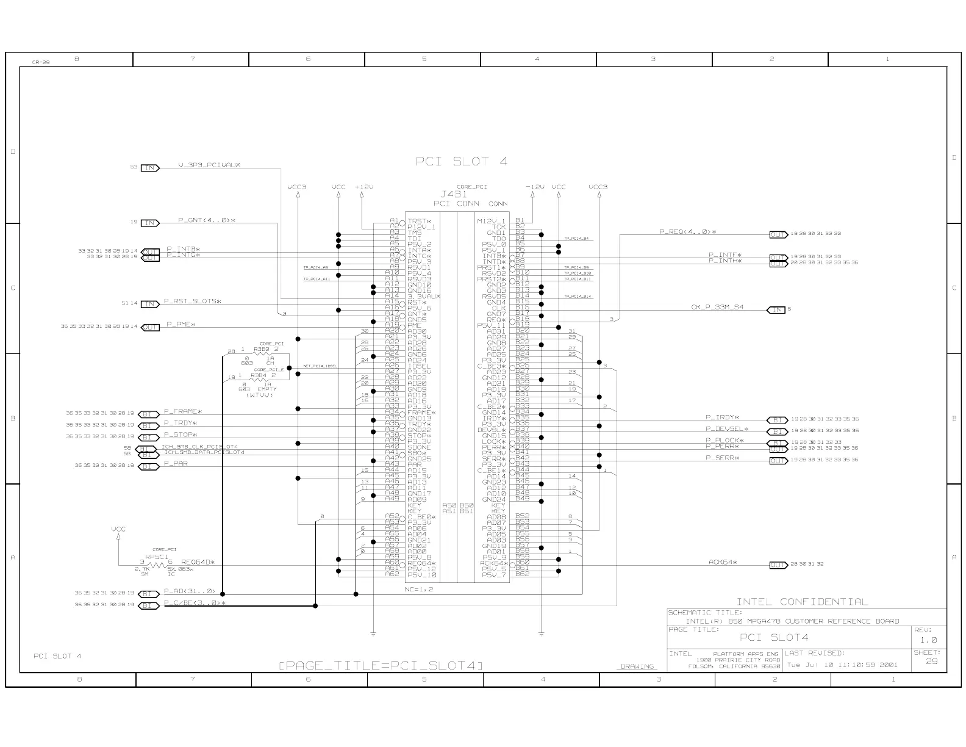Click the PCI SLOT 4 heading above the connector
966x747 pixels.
(x=461, y=162)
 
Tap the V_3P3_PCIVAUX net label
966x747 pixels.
(x=209, y=165)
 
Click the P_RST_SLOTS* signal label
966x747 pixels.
(x=192, y=301)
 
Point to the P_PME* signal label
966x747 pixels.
(x=179, y=325)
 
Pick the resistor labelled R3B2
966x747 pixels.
(x=262, y=350)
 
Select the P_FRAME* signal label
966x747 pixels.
(x=182, y=412)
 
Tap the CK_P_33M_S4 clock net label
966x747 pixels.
(x=717, y=307)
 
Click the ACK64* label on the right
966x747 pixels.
(x=723, y=562)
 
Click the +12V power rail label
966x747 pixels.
(x=364, y=187)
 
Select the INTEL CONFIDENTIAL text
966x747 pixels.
(x=801, y=602)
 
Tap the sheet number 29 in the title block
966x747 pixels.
(x=931, y=662)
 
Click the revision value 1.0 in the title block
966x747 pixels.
(x=928, y=640)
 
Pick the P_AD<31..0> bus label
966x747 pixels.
(x=190, y=591)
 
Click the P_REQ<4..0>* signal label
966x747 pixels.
(x=687, y=232)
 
